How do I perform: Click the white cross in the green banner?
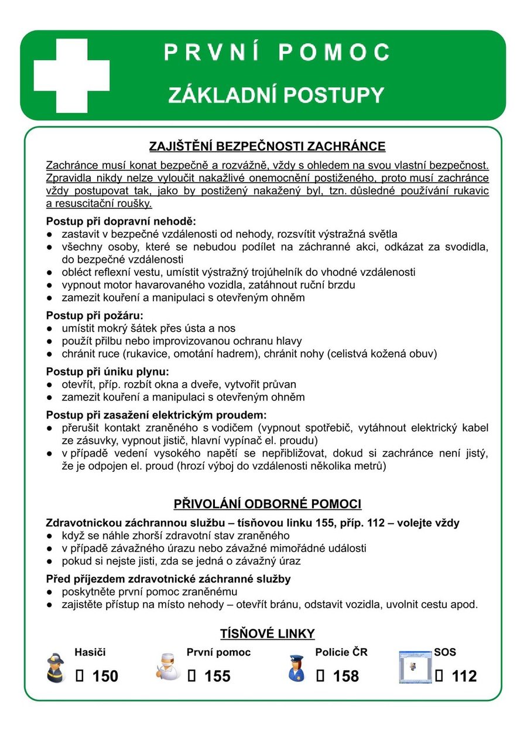point(71,76)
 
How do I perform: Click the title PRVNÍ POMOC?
point(276,53)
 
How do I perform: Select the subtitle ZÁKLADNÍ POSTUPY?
point(276,95)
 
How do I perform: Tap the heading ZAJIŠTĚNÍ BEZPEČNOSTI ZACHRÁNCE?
point(267,146)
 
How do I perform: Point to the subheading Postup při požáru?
point(94,315)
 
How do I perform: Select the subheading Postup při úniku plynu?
point(107,371)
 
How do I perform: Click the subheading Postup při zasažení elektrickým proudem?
point(160,414)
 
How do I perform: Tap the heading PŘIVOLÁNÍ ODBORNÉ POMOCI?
point(267,504)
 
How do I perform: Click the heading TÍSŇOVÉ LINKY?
point(267,633)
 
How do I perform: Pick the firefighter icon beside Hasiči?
point(56,668)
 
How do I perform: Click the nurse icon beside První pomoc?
point(168,668)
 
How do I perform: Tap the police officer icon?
point(296,668)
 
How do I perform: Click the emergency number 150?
point(105,677)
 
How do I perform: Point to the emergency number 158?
point(345,677)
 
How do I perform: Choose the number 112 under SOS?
point(464,677)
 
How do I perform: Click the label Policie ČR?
point(341,652)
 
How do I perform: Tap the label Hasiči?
point(90,652)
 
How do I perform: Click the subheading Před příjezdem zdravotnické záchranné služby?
point(169,578)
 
